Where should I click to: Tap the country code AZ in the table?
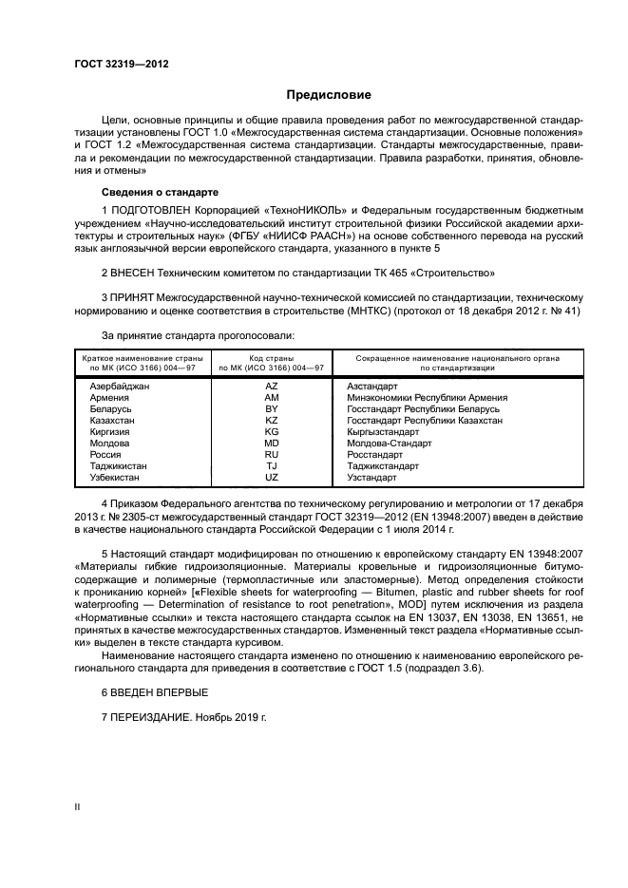(x=271, y=387)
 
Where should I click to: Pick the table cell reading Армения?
(x=108, y=398)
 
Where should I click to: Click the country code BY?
(x=271, y=408)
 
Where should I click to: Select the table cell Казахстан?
(x=112, y=420)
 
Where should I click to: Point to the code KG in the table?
(x=271, y=431)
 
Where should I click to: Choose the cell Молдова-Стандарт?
(x=390, y=443)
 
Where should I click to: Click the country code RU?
(x=271, y=454)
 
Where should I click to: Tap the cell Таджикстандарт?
(x=383, y=465)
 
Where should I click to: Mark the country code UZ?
(x=271, y=477)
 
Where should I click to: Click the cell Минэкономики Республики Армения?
(x=428, y=398)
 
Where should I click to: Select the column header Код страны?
(x=272, y=358)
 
